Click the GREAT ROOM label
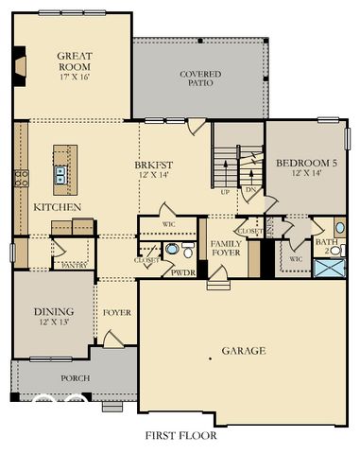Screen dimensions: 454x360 tap(73, 61)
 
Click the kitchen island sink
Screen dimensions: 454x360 tap(61, 173)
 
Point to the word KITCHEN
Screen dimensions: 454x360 tap(57, 206)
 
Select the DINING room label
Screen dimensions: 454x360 tap(53, 315)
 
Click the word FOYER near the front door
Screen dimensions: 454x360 tap(116, 310)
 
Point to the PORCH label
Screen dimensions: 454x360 tap(75, 378)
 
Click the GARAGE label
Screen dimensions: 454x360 tap(244, 350)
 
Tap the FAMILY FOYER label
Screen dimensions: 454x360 tap(227, 248)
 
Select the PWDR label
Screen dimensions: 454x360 tap(182, 271)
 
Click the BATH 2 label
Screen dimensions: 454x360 tap(327, 246)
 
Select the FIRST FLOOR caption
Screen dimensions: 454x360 tap(180, 436)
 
